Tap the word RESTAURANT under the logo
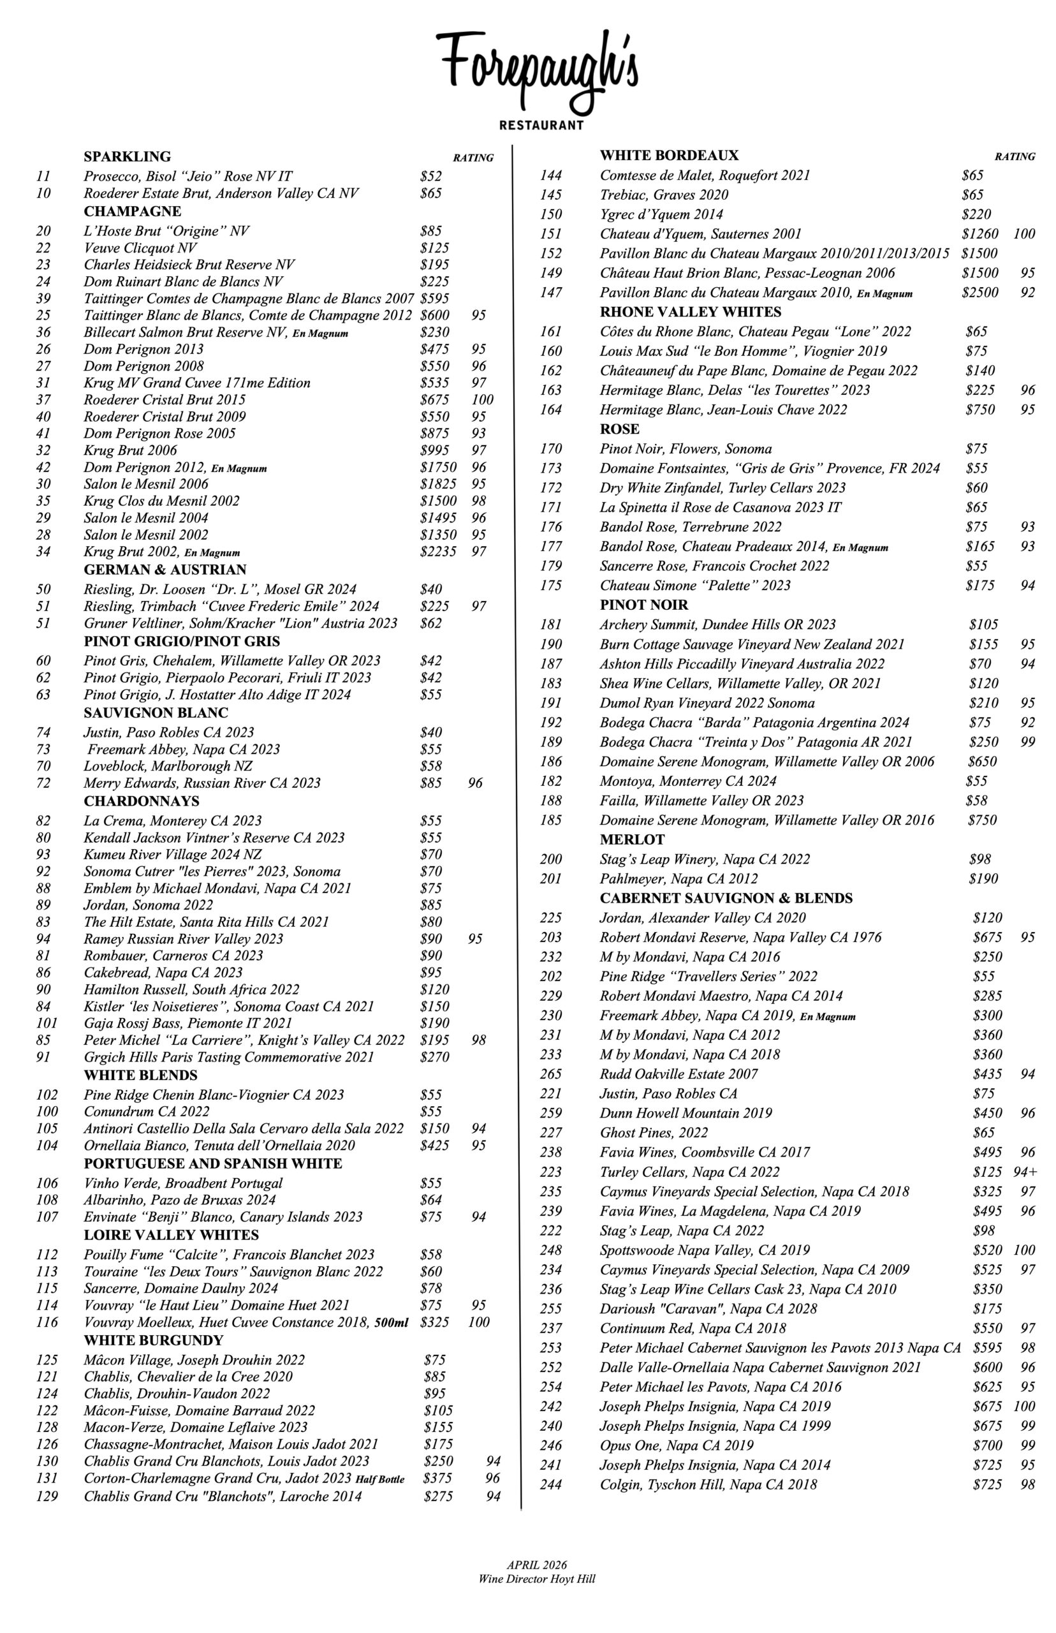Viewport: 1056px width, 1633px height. coord(541,126)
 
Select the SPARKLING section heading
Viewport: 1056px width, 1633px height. coord(127,156)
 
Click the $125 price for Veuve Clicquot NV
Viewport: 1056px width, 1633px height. coord(434,248)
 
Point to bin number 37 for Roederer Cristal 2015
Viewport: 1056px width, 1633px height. coord(44,399)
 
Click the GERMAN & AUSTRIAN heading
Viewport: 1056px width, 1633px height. coord(165,569)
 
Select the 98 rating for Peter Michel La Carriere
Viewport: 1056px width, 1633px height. coord(478,1040)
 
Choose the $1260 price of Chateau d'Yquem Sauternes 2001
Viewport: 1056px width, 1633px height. coord(980,234)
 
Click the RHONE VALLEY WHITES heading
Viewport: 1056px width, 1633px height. coord(690,312)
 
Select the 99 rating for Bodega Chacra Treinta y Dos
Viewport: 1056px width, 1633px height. coord(1027,741)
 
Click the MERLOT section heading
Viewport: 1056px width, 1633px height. coord(631,839)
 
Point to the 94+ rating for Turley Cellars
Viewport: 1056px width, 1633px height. coord(1025,1172)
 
